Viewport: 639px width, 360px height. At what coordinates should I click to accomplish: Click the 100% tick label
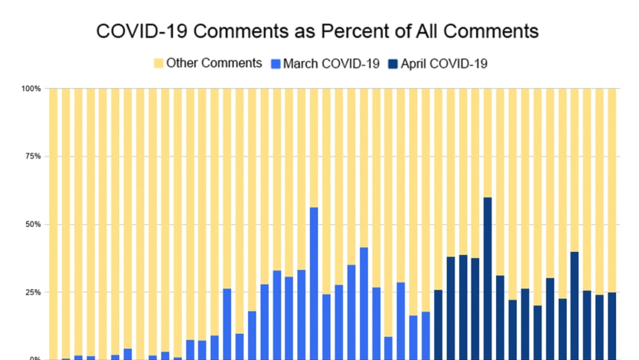(x=32, y=88)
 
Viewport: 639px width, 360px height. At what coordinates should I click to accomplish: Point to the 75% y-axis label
(x=33, y=157)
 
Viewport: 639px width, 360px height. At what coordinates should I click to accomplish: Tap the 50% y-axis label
(x=33, y=224)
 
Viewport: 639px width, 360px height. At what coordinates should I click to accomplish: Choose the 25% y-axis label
(x=33, y=292)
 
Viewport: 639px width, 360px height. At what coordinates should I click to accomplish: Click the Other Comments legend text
(x=214, y=63)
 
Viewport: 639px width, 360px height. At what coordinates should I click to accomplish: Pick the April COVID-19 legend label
(x=444, y=63)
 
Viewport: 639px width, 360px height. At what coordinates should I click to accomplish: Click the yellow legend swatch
(x=158, y=63)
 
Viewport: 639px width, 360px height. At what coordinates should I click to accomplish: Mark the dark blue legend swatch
(x=393, y=63)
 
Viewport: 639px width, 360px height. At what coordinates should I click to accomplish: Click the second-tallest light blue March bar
(x=364, y=303)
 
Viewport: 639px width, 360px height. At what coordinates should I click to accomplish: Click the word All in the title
(x=413, y=31)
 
